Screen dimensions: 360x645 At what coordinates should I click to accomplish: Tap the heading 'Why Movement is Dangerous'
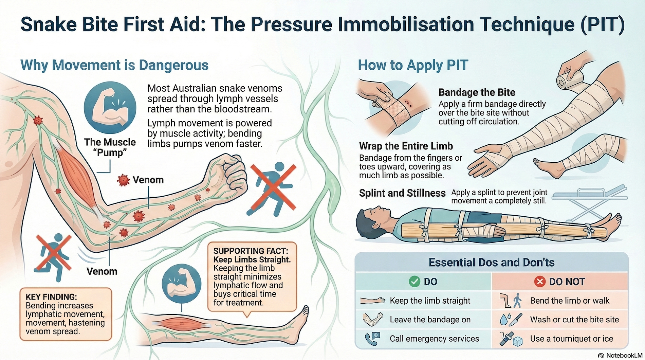[114, 65]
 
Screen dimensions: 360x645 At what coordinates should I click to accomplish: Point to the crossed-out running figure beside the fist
[273, 190]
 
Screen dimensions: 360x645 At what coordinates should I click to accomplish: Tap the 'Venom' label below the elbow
[102, 271]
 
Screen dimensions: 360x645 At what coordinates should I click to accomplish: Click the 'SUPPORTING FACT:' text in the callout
[251, 251]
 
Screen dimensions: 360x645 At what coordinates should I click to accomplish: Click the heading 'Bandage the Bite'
[477, 92]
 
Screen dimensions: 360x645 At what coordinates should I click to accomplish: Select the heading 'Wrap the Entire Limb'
[406, 146]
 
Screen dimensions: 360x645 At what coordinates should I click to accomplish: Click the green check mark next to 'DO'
[414, 282]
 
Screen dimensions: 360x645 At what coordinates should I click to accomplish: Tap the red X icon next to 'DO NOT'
[540, 282]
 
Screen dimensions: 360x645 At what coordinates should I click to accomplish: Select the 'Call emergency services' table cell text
[434, 339]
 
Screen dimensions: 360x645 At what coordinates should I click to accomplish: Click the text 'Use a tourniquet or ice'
[571, 339]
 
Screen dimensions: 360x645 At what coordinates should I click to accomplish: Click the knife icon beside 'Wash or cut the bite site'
[515, 320]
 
